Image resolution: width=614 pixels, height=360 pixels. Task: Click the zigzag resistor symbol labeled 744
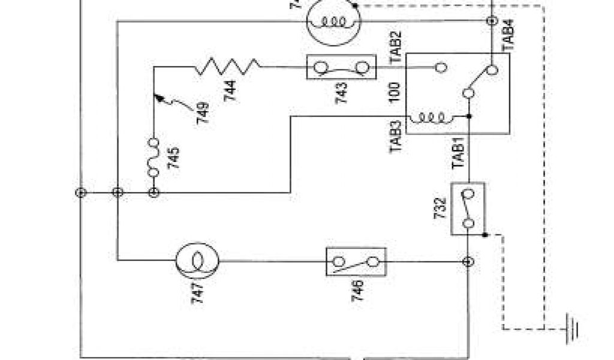point(227,67)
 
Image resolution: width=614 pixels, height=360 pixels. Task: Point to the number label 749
point(202,112)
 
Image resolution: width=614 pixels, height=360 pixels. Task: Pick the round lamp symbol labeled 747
point(197,260)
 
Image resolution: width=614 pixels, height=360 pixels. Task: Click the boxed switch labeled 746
point(356,261)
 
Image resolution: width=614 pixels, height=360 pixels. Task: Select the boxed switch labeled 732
point(468,208)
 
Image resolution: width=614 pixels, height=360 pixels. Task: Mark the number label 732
point(440,208)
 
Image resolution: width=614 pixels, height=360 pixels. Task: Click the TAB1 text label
point(459,154)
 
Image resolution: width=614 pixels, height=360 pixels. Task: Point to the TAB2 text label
point(396,47)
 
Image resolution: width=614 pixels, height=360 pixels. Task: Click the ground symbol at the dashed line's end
point(573,328)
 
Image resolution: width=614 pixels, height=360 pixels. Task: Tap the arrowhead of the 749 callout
point(156,94)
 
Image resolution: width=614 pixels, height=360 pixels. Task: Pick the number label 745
point(174,159)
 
